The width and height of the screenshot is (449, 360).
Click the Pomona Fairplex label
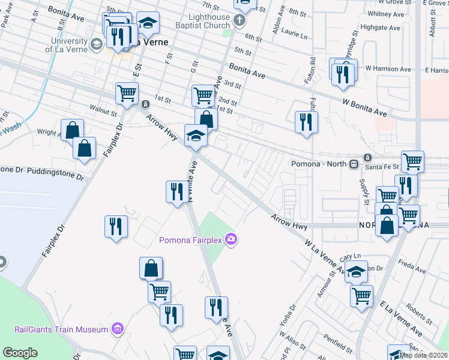click(x=190, y=241)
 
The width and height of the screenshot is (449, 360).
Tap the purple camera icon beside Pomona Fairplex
click(x=231, y=240)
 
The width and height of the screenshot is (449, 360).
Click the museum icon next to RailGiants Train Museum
click(x=116, y=329)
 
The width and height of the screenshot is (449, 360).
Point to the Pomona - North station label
click(x=319, y=164)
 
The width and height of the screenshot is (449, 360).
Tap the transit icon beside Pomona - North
click(x=354, y=163)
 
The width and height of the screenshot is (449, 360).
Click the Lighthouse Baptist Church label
click(x=201, y=22)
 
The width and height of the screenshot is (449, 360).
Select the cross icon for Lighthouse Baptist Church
click(x=239, y=22)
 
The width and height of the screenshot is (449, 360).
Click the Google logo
click(x=20, y=353)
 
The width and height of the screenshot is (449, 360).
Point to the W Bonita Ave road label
click(x=365, y=109)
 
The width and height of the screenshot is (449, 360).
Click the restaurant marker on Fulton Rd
click(x=306, y=122)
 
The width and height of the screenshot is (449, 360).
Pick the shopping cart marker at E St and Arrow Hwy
click(x=127, y=93)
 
